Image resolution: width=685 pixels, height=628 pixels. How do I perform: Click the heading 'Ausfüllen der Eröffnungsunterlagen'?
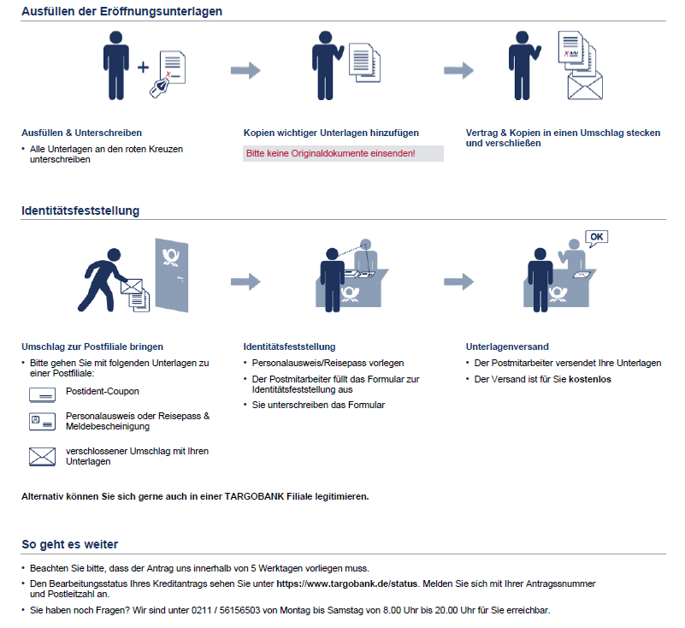pos(122,12)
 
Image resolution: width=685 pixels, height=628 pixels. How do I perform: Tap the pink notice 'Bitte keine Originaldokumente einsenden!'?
pos(330,153)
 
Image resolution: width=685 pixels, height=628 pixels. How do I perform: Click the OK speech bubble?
pos(596,237)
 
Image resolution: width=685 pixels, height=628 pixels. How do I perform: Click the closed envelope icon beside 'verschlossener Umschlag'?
pos(42,456)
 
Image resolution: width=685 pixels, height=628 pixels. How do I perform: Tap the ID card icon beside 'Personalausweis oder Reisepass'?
pos(42,421)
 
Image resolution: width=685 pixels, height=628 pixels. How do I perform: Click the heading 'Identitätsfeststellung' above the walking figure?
pos(80,210)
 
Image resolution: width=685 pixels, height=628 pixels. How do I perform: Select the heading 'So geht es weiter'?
pos(69,544)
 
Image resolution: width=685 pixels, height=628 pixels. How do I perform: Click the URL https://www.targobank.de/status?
pos(347,584)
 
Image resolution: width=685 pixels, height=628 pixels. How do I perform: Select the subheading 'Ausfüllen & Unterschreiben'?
pos(81,133)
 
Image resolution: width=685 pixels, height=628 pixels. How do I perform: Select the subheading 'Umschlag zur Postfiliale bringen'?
pos(92,347)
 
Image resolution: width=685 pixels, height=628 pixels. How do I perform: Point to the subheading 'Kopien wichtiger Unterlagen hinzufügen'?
pos(330,133)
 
